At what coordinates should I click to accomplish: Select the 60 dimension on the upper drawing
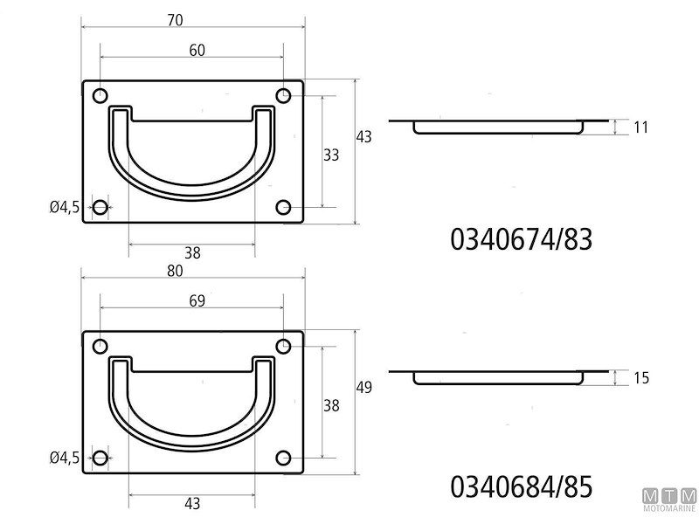(x=197, y=51)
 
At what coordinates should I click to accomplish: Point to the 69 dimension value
(x=197, y=301)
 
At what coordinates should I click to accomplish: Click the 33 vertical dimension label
(x=331, y=155)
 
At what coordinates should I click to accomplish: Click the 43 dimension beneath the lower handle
(x=193, y=503)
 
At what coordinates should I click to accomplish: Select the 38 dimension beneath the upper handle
(x=193, y=253)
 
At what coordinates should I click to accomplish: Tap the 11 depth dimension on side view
(x=640, y=128)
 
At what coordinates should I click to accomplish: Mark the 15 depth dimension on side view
(x=640, y=378)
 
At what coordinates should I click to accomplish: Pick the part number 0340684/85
(x=522, y=486)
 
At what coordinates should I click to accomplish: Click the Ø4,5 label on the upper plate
(x=65, y=207)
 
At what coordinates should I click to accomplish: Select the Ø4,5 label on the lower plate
(x=65, y=458)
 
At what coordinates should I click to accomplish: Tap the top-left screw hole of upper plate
(x=100, y=95)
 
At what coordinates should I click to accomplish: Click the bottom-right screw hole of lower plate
(x=283, y=458)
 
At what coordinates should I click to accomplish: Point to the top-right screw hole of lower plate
(x=283, y=346)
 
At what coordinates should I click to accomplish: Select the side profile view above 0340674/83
(x=498, y=126)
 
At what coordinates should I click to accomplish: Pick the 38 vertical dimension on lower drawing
(x=331, y=404)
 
